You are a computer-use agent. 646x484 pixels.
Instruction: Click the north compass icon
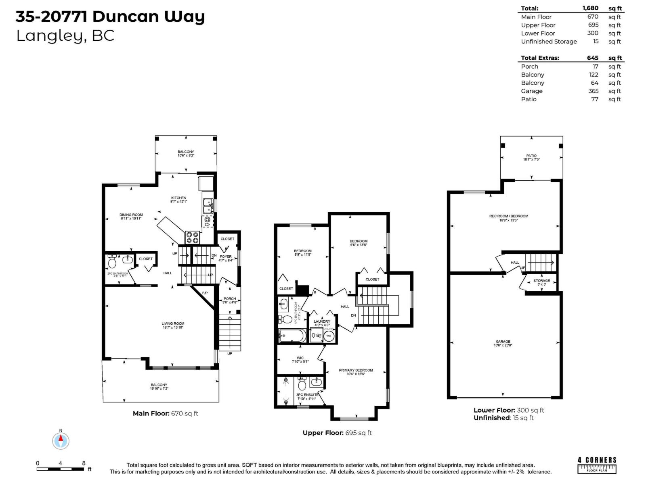click(x=61, y=440)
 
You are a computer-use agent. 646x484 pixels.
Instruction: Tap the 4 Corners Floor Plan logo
click(x=597, y=465)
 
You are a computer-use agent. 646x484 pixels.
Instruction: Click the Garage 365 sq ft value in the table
click(x=593, y=91)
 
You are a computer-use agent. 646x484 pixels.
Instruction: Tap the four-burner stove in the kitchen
click(x=192, y=237)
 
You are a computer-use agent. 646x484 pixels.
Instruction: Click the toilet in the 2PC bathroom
click(x=112, y=263)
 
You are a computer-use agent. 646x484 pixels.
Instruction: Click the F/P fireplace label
click(x=205, y=293)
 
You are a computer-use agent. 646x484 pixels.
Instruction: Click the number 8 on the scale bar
click(x=84, y=463)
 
